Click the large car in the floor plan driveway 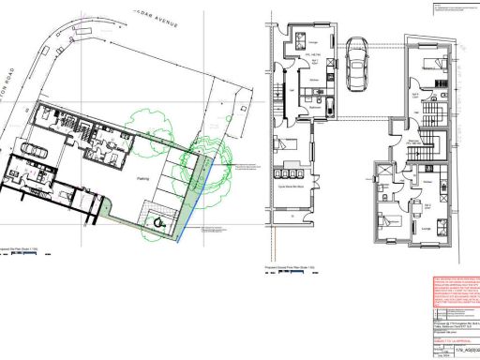point(355,64)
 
